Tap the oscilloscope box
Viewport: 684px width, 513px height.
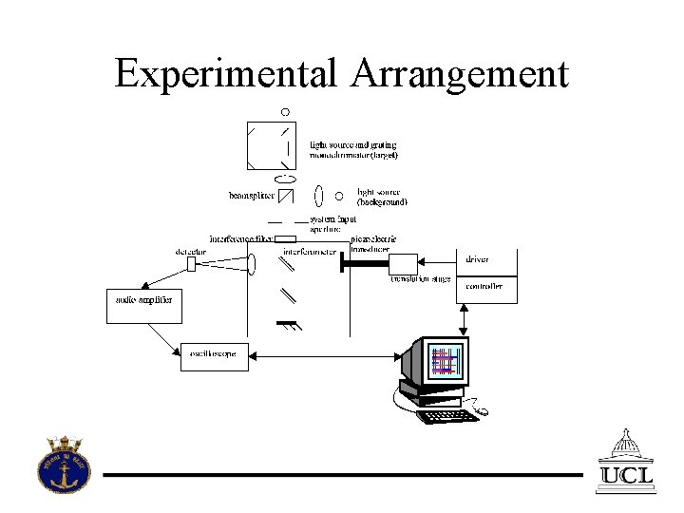pos(214,355)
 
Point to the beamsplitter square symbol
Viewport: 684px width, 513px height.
pos(286,197)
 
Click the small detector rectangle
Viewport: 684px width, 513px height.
pos(191,264)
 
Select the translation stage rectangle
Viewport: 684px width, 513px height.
pos(404,265)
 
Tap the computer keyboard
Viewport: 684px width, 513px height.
pos(447,416)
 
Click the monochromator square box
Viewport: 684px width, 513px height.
pos(271,145)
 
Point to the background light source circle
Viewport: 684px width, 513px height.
pos(339,197)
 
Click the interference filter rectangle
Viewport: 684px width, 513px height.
pos(286,238)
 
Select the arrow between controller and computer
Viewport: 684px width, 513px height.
pos(463,320)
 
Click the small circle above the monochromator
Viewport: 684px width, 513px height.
pos(284,111)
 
